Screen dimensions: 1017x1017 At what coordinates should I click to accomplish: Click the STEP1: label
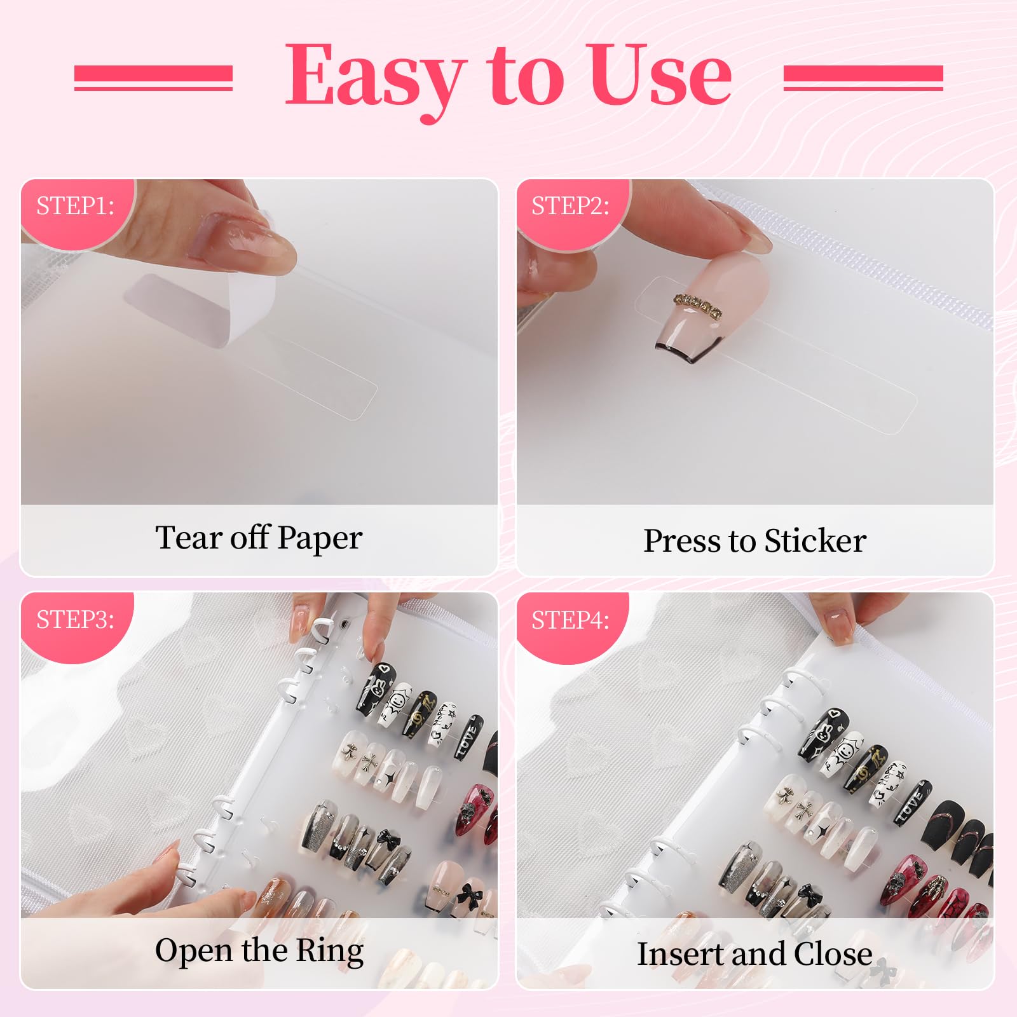click(x=75, y=205)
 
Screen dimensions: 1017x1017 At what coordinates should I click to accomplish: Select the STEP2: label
click(x=570, y=205)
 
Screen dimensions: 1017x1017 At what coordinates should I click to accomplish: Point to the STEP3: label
click(x=75, y=618)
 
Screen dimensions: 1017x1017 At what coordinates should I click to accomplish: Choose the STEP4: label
click(x=570, y=620)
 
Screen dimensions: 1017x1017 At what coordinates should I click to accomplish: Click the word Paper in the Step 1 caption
click(x=320, y=539)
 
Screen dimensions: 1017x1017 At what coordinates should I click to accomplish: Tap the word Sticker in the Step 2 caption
click(x=815, y=541)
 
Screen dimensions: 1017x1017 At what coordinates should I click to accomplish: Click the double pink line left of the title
click(x=153, y=78)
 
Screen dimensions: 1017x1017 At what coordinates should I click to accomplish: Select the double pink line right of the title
click(x=863, y=78)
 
